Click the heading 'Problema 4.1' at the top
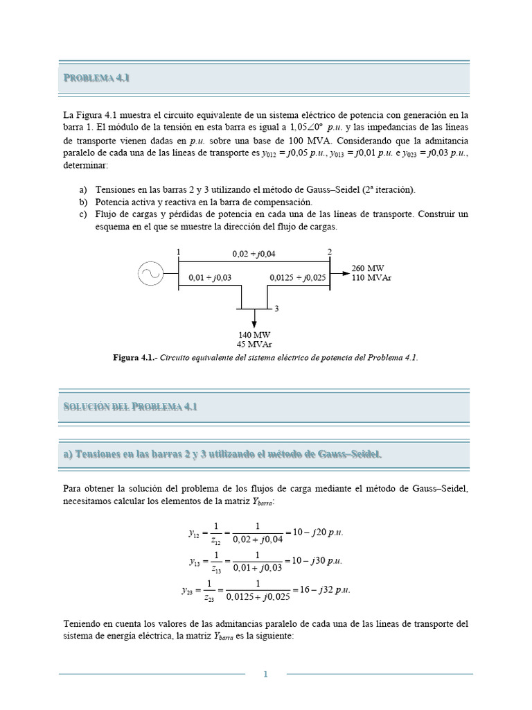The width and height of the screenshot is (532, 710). (x=97, y=78)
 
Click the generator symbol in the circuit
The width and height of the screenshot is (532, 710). (x=150, y=275)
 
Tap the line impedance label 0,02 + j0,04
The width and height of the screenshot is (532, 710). (x=254, y=254)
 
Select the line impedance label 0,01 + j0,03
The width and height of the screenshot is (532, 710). (x=210, y=278)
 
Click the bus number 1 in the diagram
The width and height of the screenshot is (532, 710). (x=178, y=252)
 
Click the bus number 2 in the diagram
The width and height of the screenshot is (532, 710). (x=330, y=252)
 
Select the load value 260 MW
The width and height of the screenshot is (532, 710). (x=368, y=268)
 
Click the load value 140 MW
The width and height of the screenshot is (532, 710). (x=254, y=334)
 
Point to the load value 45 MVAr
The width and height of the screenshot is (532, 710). (x=254, y=343)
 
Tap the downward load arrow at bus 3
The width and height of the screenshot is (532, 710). (x=254, y=318)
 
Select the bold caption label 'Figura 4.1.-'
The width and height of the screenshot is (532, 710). (x=135, y=357)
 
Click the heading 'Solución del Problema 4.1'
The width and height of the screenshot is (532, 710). (x=130, y=406)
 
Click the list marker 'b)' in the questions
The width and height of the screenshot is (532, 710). (x=84, y=201)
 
